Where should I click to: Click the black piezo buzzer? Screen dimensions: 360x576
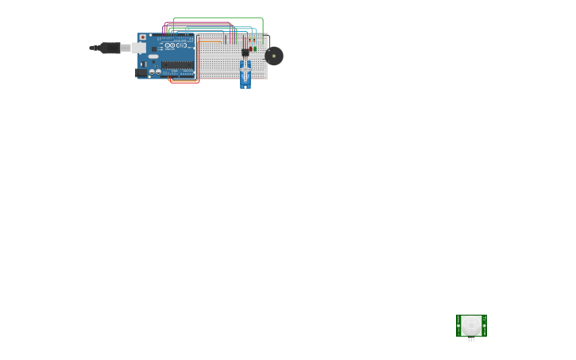pyautogui.click(x=274, y=56)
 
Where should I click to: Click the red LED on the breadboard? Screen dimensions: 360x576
pyautogui.click(x=250, y=48)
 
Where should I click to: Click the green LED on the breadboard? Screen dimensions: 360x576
pyautogui.click(x=255, y=48)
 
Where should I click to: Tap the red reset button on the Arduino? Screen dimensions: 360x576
pyautogui.click(x=143, y=37)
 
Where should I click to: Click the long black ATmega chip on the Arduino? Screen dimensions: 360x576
pyautogui.click(x=176, y=65)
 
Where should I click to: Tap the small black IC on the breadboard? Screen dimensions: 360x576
pyautogui.click(x=245, y=52)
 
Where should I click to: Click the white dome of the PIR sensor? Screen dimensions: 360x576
pyautogui.click(x=471, y=325)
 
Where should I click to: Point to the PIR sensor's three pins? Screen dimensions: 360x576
pyautogui.click(x=471, y=339)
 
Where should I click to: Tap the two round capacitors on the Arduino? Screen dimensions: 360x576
pyautogui.click(x=155, y=72)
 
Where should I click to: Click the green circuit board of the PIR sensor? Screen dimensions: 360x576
pyautogui.click(x=460, y=326)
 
